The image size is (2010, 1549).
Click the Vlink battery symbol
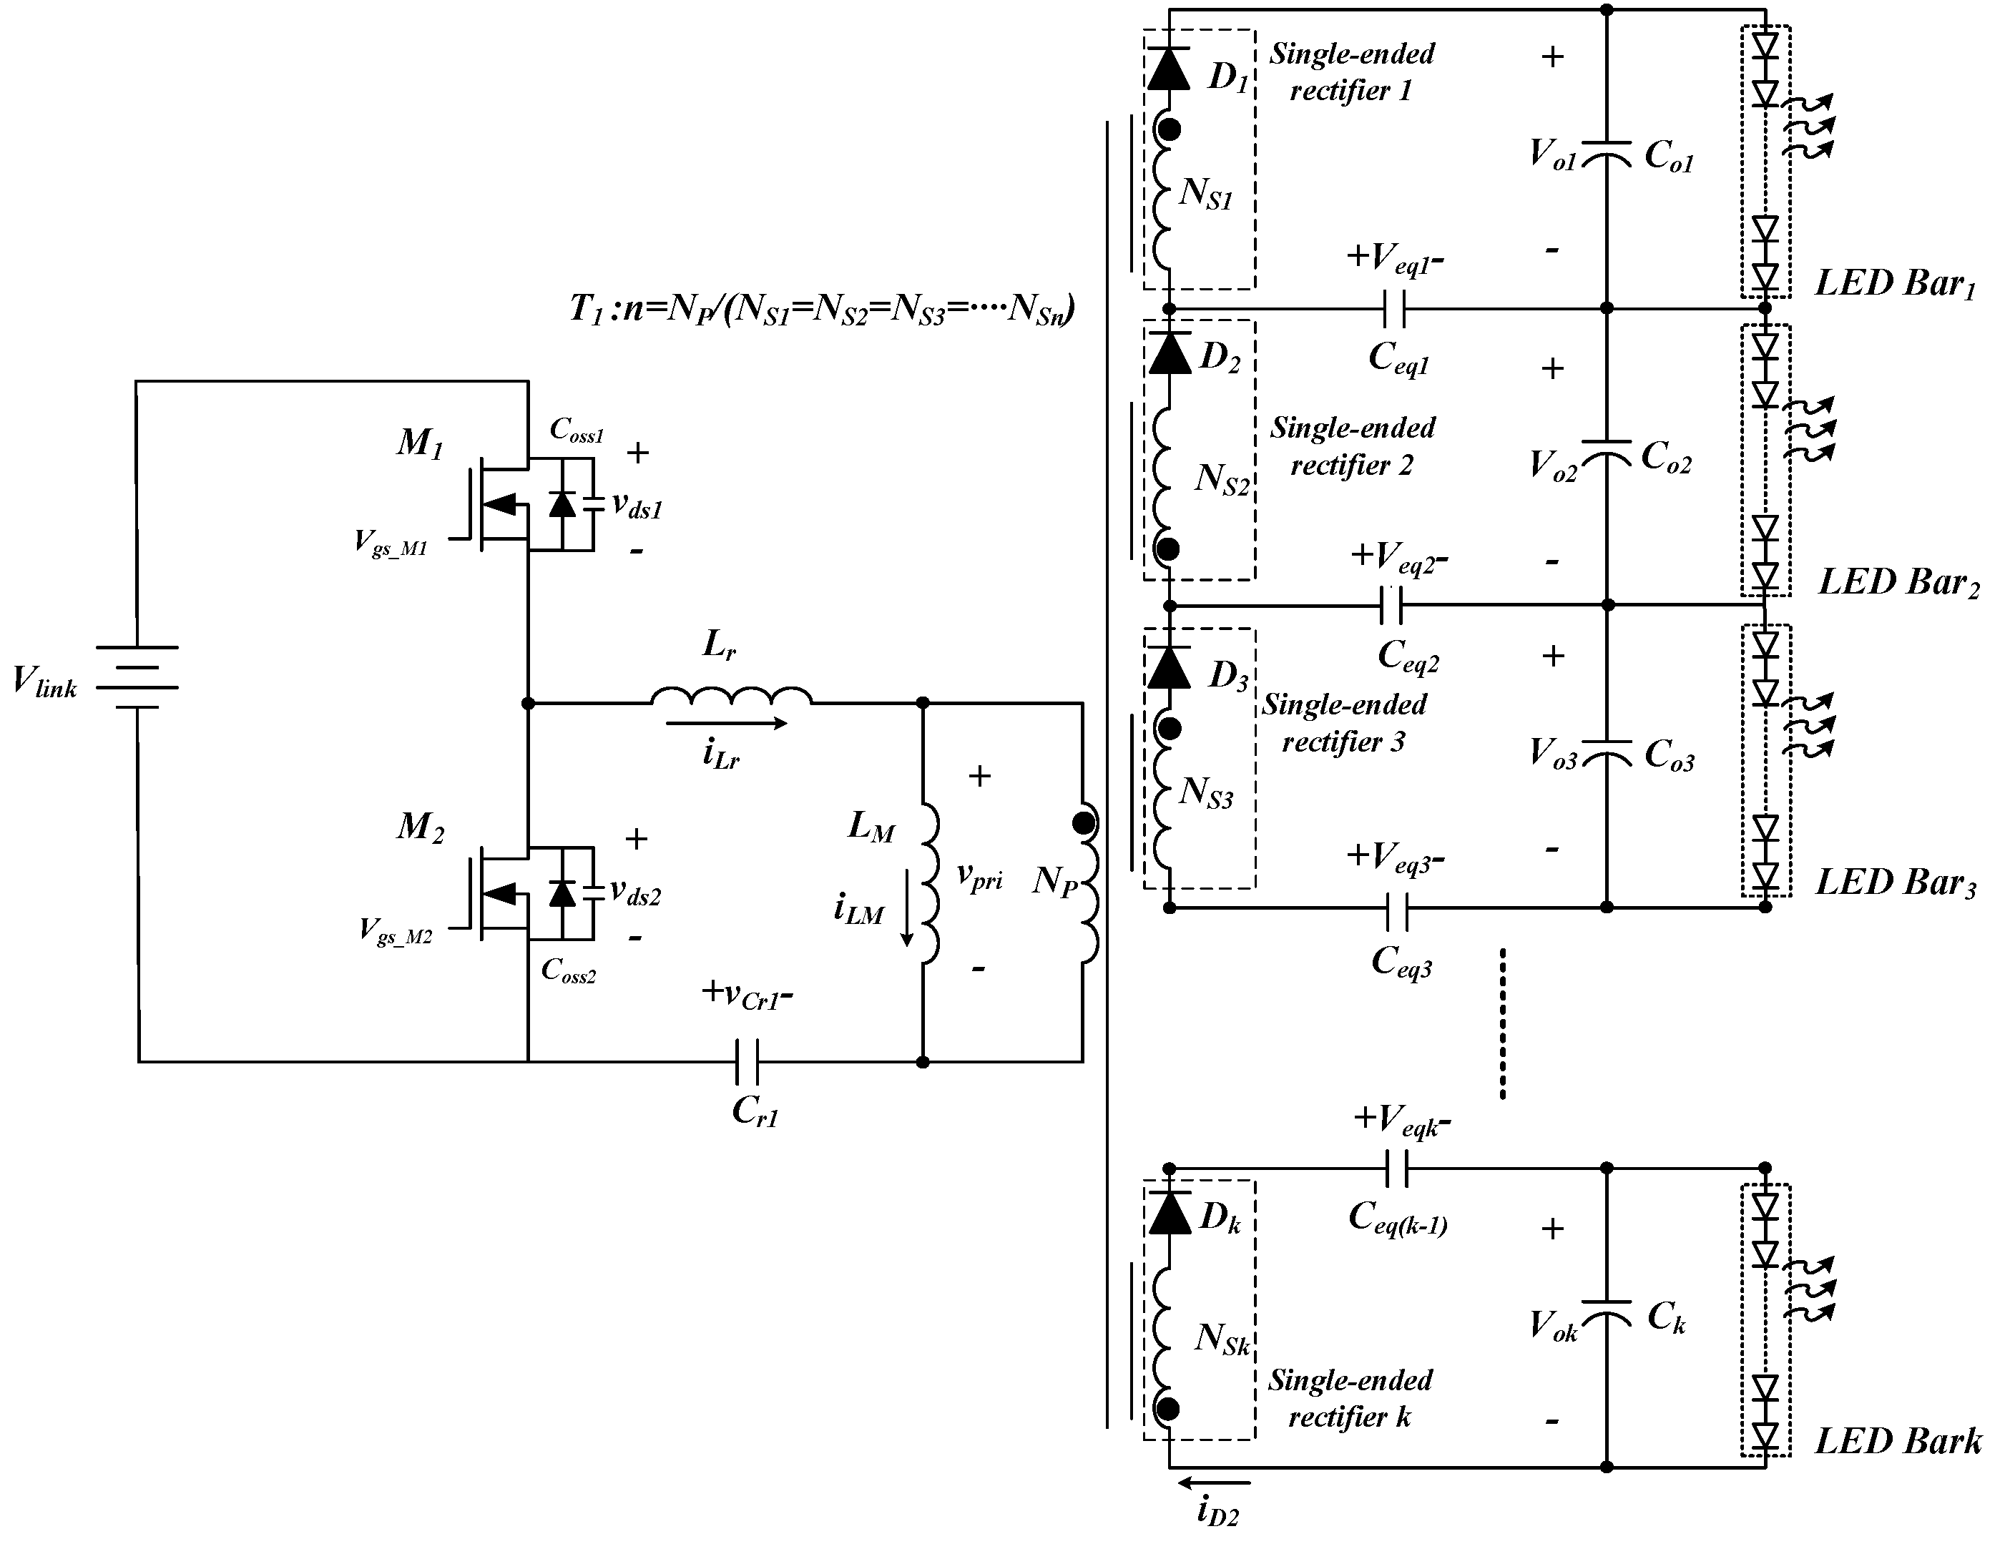pos(138,677)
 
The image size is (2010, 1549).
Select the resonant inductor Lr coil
pos(732,697)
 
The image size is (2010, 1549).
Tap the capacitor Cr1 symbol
pos(746,1061)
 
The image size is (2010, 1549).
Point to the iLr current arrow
pos(726,724)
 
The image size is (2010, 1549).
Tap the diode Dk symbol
pos(1169,1212)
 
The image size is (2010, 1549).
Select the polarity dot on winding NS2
pos(1168,549)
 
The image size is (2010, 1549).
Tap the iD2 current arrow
pos(1214,1482)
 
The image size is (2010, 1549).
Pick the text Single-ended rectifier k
pos(1350,1398)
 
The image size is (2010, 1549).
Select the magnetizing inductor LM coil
pos(931,884)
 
